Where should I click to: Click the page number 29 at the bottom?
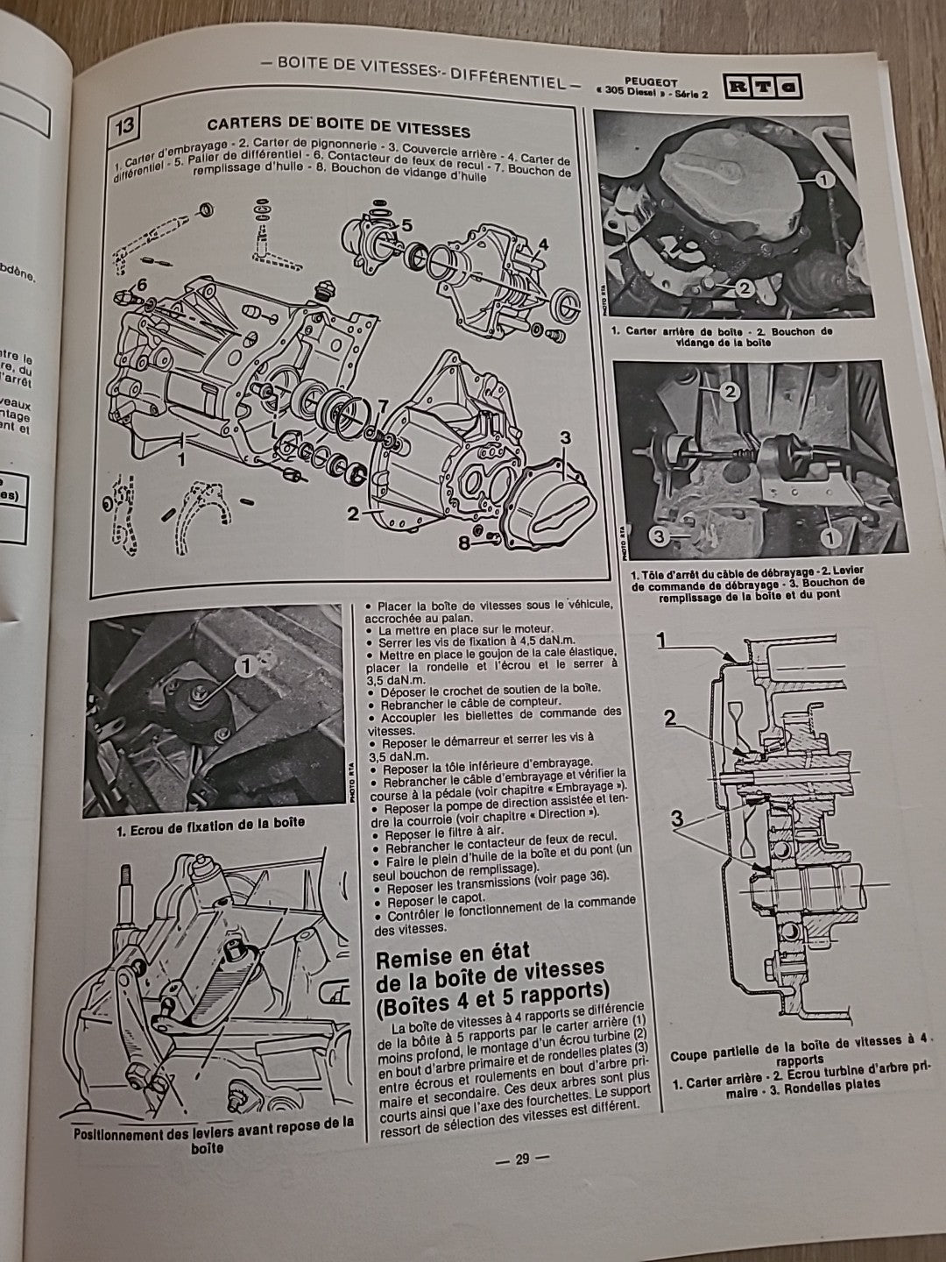click(522, 1159)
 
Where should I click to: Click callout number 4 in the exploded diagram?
click(543, 245)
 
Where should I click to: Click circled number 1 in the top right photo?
click(822, 181)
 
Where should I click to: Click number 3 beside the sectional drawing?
click(676, 820)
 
